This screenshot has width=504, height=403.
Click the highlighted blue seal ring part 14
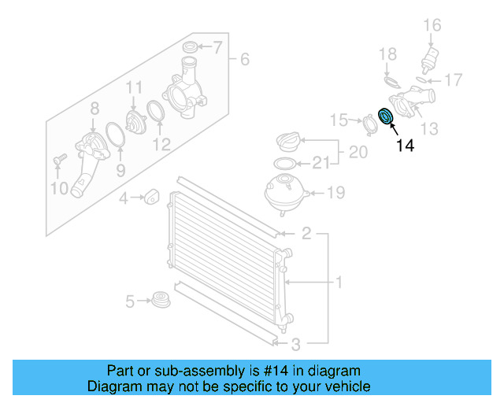(x=387, y=116)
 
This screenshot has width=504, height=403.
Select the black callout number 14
(x=404, y=145)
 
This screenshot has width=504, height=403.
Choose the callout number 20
(x=358, y=152)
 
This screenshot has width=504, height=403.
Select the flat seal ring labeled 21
(x=283, y=165)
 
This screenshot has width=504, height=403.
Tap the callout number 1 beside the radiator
(x=339, y=282)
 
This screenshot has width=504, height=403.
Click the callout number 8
(x=94, y=107)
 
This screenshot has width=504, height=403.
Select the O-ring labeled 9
(x=117, y=135)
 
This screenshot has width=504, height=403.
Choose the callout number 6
(x=244, y=59)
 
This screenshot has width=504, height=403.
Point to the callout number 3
(x=295, y=343)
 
